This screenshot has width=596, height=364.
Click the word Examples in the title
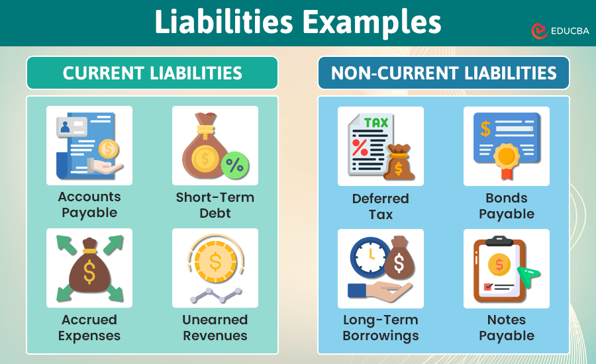pos(372,23)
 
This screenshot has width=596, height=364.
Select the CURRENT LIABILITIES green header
pos(152,73)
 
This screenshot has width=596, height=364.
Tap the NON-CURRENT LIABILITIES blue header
pos(444,73)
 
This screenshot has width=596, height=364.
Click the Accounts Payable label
pos(89,205)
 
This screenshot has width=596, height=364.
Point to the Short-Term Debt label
pos(215,205)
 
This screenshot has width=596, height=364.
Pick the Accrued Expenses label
pos(89,328)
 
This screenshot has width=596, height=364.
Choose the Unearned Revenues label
pos(215,328)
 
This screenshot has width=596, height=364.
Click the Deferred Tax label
pos(381,206)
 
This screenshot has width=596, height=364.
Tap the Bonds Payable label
pos(507,206)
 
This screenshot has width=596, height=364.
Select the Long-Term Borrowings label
pos(381,328)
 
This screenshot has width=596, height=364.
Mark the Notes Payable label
pos(507,328)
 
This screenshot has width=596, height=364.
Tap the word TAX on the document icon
pos(376,123)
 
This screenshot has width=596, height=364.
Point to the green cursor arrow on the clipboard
pos(528,276)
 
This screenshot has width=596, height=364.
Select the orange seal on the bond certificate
pos(507,157)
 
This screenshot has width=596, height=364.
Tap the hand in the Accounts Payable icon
pos(106,170)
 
